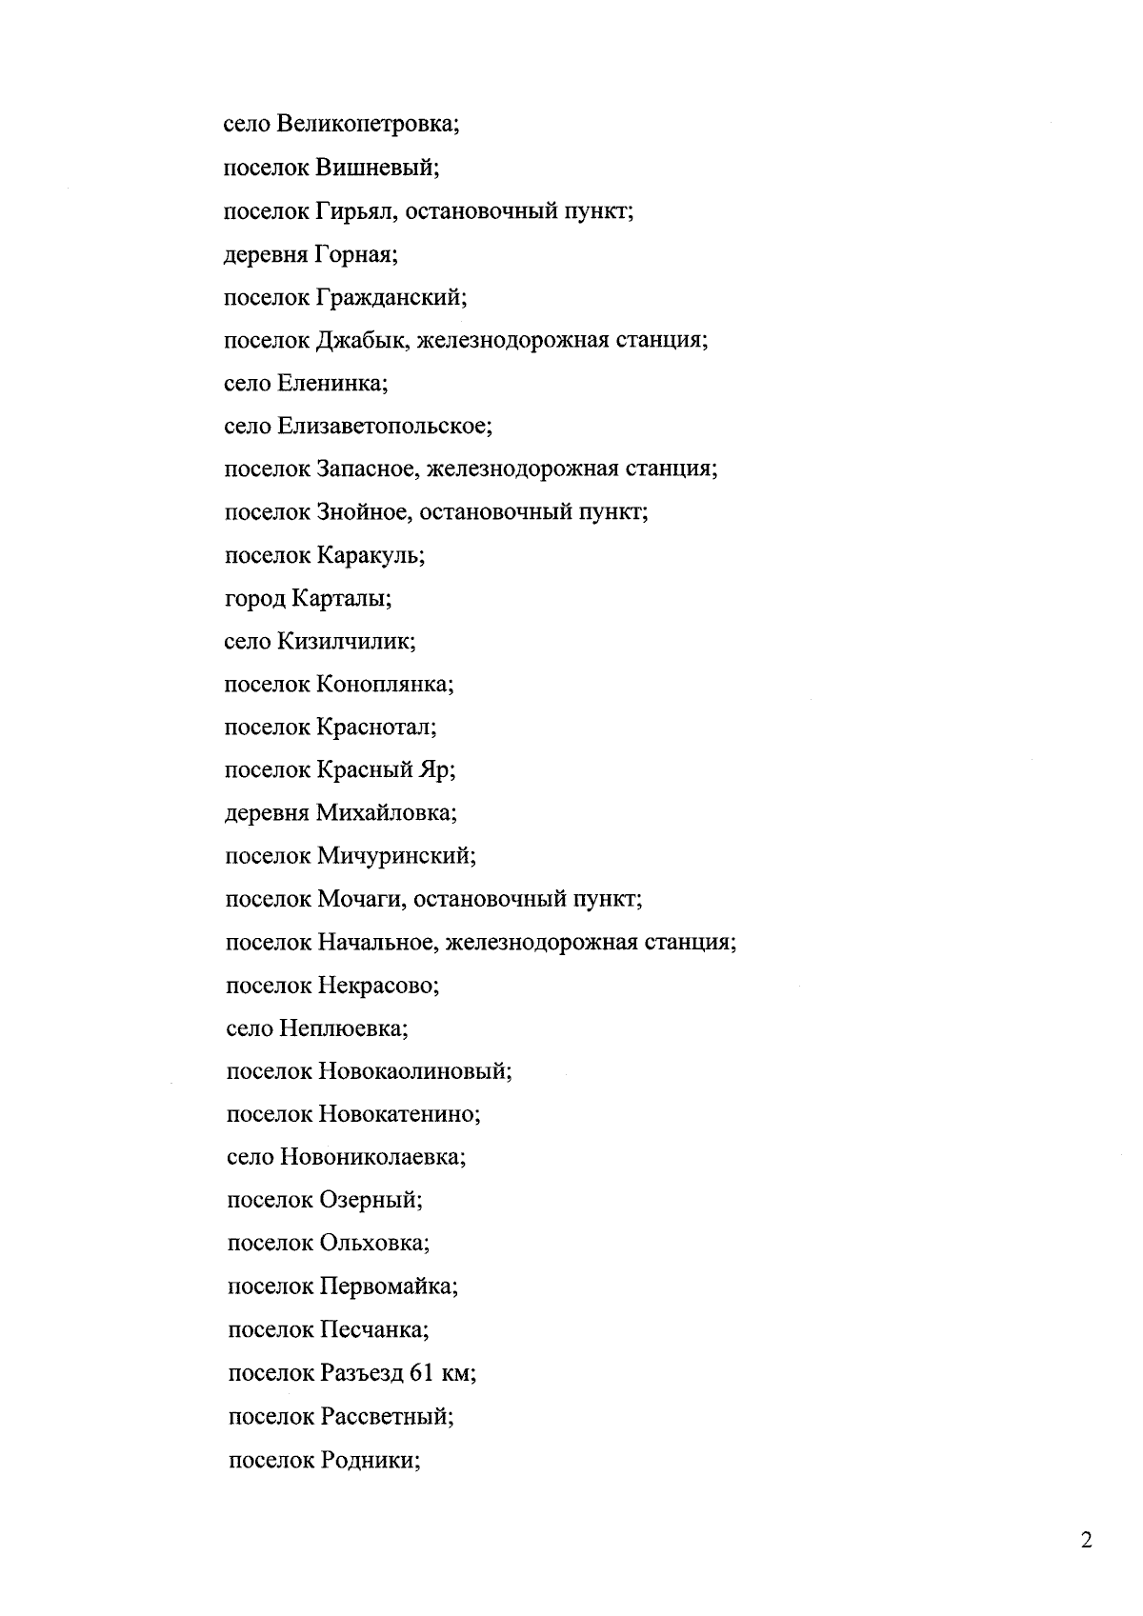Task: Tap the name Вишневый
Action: coord(374,168)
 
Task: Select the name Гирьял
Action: coord(354,210)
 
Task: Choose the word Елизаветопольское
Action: coord(383,426)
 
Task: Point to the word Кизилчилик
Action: coord(345,641)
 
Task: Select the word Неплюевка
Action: coord(342,1028)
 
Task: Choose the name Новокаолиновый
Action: coord(413,1071)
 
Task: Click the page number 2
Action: coord(1086,1541)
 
